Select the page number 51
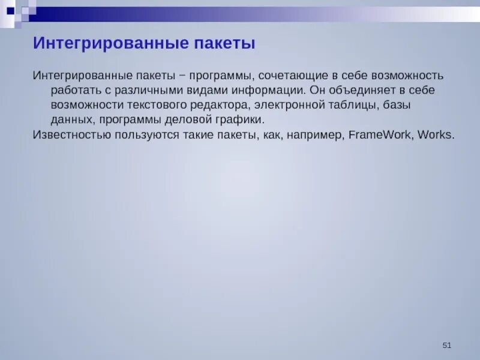point(446,345)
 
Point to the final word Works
point(436,134)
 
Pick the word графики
point(239,119)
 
